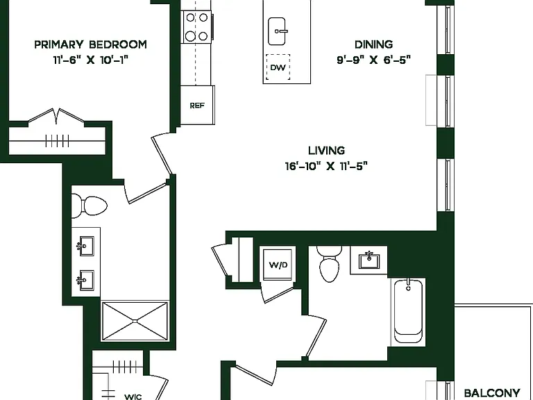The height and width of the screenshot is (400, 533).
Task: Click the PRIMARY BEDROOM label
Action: click(90, 44)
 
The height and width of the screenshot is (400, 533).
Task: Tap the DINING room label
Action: click(373, 44)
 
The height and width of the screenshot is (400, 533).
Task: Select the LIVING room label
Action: click(326, 150)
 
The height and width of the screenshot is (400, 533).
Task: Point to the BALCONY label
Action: click(492, 393)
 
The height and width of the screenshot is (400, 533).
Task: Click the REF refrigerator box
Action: click(197, 105)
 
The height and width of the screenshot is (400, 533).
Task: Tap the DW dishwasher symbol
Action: click(278, 67)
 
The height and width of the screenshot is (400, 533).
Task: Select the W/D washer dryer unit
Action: click(278, 265)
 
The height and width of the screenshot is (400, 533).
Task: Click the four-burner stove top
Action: click(196, 26)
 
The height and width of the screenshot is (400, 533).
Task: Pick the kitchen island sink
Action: click(278, 31)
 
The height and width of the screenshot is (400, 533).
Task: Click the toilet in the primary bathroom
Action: click(90, 206)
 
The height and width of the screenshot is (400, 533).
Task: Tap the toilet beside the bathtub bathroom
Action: click(329, 264)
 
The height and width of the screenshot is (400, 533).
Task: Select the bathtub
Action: click(408, 312)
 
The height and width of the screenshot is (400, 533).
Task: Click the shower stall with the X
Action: click(135, 321)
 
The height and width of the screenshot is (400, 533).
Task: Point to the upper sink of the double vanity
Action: click(85, 246)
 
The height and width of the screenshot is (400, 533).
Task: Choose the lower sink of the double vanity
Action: click(85, 281)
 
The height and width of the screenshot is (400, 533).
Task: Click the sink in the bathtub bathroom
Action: click(369, 260)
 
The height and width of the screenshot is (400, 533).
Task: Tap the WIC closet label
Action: click(133, 397)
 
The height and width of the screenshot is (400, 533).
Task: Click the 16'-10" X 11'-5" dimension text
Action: click(326, 166)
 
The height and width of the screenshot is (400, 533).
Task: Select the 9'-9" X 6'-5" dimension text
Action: click(373, 60)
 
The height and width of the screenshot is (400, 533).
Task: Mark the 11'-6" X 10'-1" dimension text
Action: click(90, 60)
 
